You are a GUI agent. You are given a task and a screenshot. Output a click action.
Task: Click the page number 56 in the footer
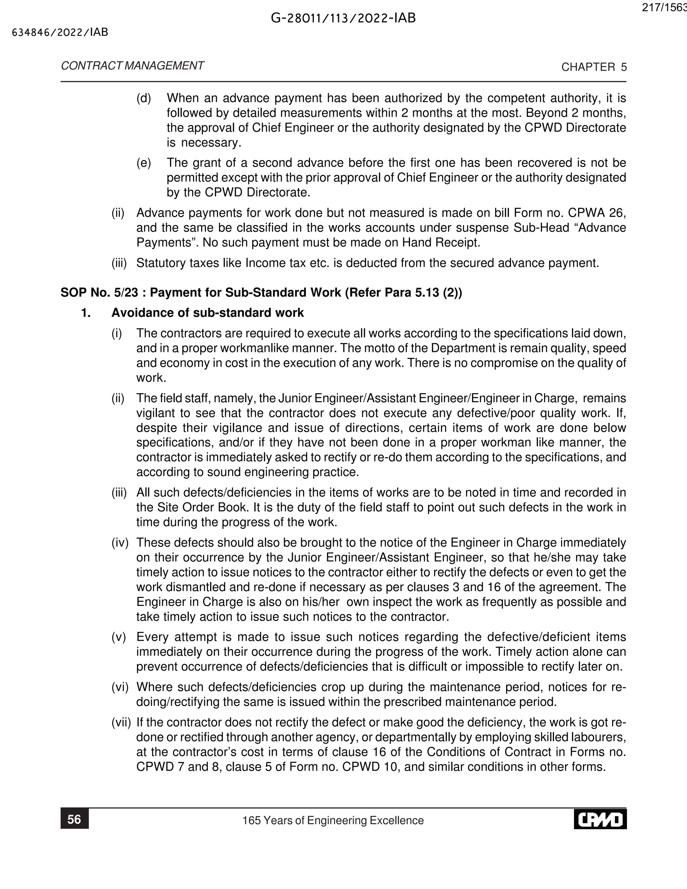click(x=74, y=819)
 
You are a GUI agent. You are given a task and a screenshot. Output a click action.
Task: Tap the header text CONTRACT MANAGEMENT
click(x=132, y=66)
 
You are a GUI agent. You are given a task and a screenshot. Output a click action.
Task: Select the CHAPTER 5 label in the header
click(x=594, y=67)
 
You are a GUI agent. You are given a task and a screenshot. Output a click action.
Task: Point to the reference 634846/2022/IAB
click(x=60, y=33)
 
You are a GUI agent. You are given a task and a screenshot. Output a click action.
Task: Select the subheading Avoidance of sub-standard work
click(x=208, y=313)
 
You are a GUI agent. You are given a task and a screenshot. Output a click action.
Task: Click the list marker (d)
click(x=143, y=98)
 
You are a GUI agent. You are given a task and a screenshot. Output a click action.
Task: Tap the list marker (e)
click(x=143, y=163)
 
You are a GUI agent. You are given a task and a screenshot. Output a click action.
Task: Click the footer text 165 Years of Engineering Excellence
click(x=333, y=820)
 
